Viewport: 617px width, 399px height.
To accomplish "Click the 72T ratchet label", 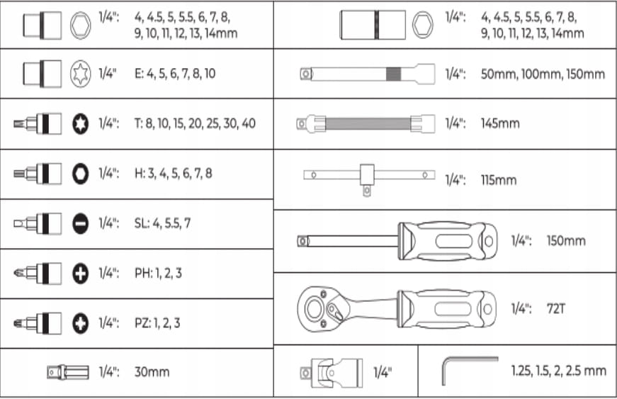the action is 555,308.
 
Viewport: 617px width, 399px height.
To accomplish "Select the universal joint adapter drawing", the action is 332,372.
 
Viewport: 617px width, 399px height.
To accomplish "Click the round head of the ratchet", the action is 315,308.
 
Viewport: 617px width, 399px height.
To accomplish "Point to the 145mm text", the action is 500,123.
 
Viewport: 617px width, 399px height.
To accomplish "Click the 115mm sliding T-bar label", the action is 499,180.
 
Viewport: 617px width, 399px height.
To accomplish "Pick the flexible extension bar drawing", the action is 366,124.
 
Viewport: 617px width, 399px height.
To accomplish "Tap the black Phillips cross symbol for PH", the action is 80,273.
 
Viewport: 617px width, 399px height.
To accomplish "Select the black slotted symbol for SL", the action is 80,223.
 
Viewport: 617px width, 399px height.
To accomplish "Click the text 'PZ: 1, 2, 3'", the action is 157,323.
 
